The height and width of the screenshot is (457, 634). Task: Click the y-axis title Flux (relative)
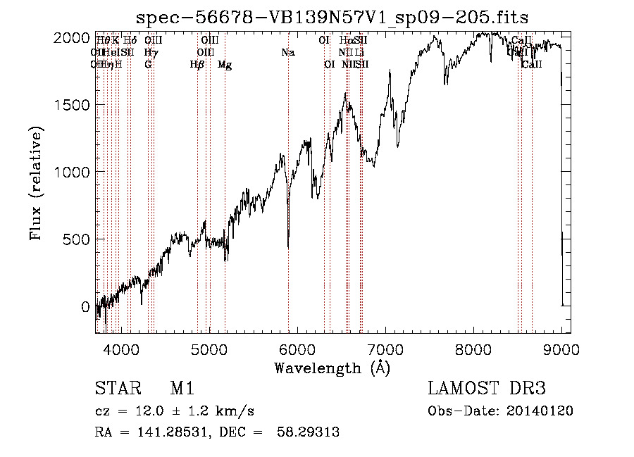click(36, 183)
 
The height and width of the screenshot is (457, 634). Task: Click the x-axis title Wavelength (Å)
click(332, 368)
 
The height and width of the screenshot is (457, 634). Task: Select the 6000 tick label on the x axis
click(297, 348)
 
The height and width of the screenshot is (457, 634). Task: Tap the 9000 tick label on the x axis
click(561, 348)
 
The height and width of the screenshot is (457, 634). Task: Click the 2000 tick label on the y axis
click(74, 38)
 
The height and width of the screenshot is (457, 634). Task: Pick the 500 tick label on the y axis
click(78, 239)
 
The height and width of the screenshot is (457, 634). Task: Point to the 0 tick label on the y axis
click(85, 307)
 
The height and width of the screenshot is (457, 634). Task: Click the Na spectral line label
click(287, 53)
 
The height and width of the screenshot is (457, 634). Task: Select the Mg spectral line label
click(225, 65)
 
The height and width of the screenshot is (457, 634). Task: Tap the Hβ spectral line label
click(197, 65)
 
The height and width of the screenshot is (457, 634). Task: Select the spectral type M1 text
click(182, 389)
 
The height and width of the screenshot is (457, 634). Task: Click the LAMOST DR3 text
click(487, 389)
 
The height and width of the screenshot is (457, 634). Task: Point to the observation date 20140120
click(540, 411)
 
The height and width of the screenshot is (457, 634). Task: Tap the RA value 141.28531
click(163, 432)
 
